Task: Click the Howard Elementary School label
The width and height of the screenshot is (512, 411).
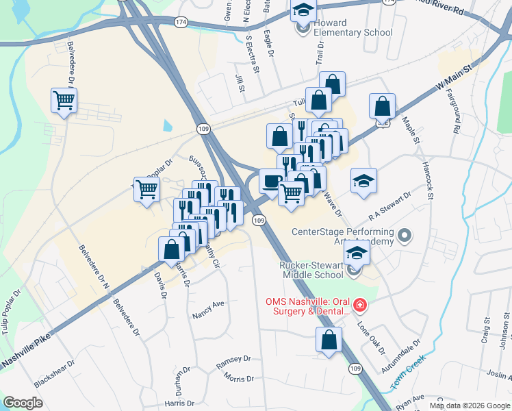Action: (x=352, y=27)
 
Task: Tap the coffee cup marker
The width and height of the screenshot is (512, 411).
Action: (x=272, y=182)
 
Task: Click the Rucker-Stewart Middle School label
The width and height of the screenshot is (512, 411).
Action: (x=311, y=270)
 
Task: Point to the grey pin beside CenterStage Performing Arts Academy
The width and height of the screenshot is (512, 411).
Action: (x=404, y=236)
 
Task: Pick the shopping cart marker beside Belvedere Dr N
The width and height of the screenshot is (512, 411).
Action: (x=64, y=101)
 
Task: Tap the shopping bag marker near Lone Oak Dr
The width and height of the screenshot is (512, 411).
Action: (x=329, y=339)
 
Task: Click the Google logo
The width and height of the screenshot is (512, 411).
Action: (x=23, y=403)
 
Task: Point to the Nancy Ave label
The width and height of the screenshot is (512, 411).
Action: (x=209, y=310)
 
